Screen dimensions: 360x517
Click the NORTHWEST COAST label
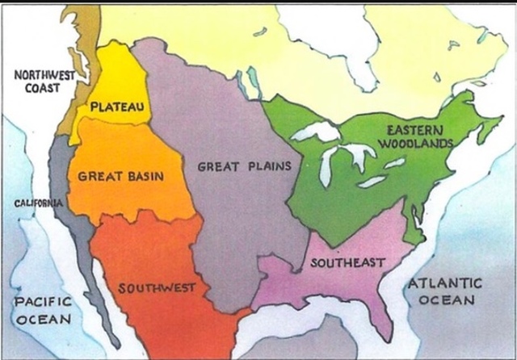44,82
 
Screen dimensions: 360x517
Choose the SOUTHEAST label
347,262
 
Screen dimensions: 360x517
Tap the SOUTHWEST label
157,287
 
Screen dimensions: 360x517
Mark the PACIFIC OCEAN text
42,310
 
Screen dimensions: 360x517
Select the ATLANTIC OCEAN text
445,291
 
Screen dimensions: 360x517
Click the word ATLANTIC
445,283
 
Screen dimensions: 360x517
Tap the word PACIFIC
42,302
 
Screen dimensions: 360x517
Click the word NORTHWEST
44,75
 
